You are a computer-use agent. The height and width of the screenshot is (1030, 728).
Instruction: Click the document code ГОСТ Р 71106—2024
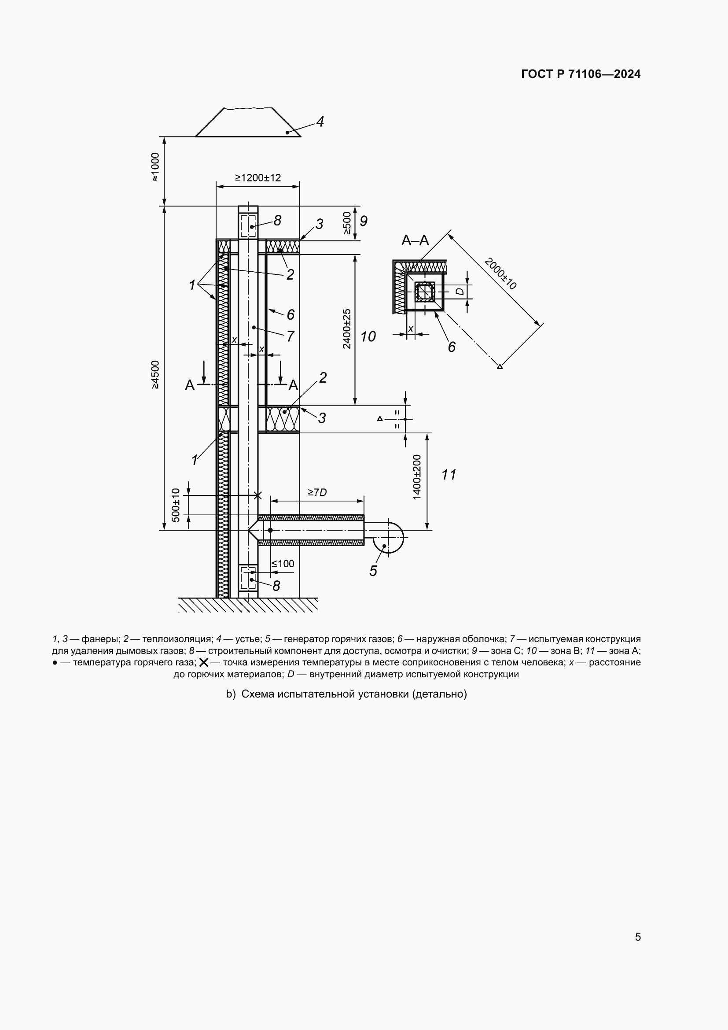pos(581,74)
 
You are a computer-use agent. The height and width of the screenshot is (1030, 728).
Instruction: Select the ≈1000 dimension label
pos(155,167)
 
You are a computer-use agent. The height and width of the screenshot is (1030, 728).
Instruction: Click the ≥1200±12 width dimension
pos(258,177)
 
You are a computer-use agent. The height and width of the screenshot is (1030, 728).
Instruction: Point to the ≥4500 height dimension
pos(155,375)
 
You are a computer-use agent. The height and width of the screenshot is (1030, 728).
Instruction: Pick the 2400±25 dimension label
pos(347,329)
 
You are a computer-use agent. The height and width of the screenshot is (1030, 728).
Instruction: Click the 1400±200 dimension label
pos(417,477)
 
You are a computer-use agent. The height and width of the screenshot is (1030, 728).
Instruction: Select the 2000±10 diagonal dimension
pos(501,273)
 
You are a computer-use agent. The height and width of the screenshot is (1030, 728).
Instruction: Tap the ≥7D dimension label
pos(317,492)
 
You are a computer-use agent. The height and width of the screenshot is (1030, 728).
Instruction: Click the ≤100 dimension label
pos(283,564)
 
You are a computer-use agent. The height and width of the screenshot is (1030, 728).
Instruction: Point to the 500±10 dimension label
pos(176,505)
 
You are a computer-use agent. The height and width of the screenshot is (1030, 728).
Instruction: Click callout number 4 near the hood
pos(320,122)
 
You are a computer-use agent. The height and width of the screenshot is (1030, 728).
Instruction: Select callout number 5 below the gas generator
pos(373,571)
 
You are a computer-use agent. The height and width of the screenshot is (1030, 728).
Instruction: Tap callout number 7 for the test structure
pos(290,336)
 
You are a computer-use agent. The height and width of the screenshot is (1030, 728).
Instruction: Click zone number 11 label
pos(449,474)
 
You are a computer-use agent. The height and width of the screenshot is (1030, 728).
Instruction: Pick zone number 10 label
pos(368,336)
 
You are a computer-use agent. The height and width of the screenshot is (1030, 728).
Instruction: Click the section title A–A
pos(415,241)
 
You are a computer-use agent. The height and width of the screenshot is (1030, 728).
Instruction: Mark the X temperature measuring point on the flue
pos(257,495)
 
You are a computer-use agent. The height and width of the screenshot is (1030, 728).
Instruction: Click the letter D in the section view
pos(460,292)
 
